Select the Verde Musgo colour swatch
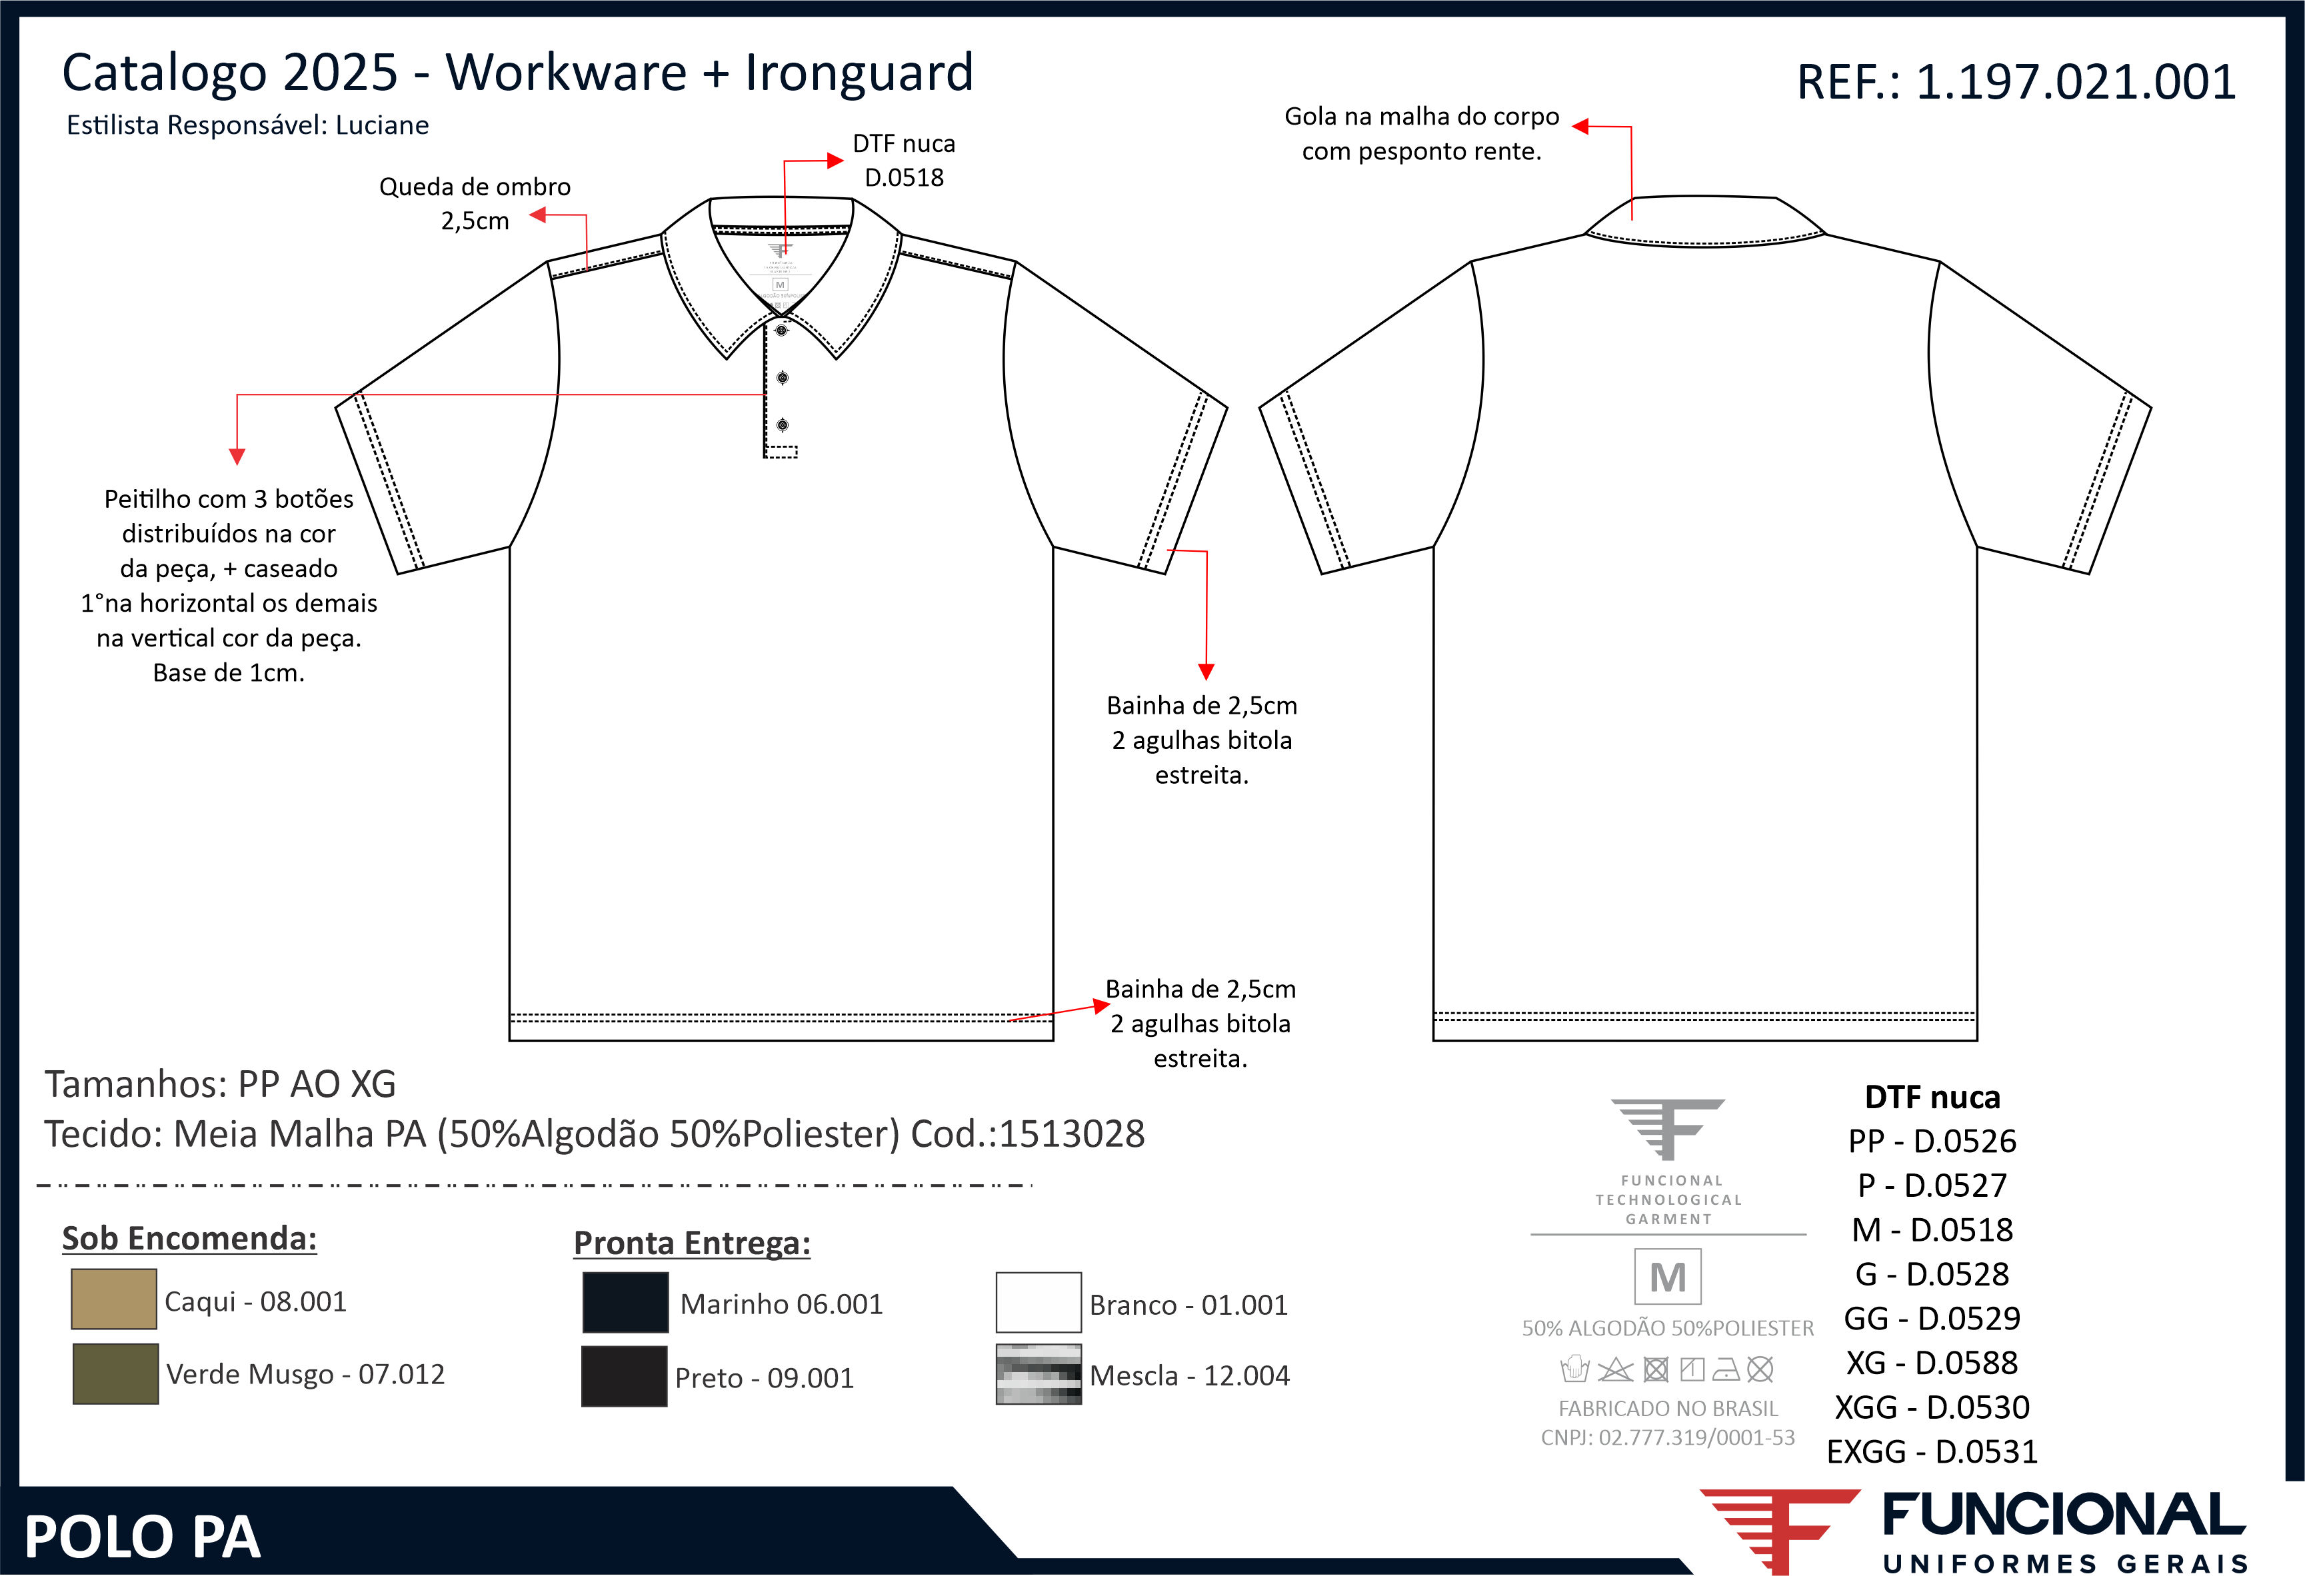pos(115,1373)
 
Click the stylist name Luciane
pos(382,126)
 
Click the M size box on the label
pos(1667,1277)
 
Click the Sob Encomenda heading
pos(189,1239)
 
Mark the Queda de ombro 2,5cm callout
pos(475,203)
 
